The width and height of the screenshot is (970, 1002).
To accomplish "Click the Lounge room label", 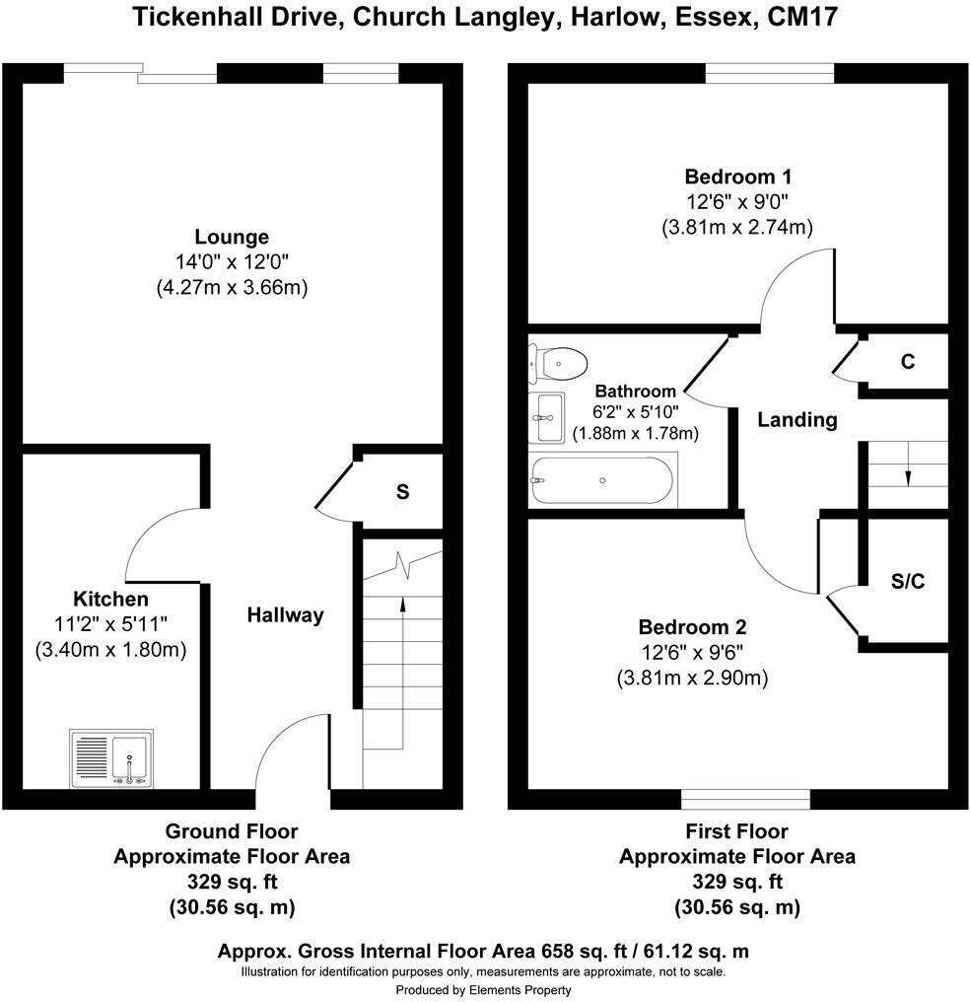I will pos(231,237).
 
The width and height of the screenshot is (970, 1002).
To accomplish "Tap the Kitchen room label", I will pos(110,599).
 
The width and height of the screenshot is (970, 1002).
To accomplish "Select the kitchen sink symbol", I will pos(110,758).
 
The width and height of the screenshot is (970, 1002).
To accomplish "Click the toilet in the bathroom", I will pos(558,363).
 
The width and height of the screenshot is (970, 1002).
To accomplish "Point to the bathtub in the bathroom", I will pos(602,480).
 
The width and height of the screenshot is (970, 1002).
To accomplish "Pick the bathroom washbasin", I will pos(546,417).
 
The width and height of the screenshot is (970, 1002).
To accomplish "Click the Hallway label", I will pos(285,615).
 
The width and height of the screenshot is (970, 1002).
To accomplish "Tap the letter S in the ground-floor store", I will pos(402,491).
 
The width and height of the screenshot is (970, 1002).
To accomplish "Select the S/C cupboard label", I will pos(907,582).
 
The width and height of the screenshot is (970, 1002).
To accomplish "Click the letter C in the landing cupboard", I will pos(907,362).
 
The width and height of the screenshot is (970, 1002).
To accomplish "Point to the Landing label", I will pos(797,420).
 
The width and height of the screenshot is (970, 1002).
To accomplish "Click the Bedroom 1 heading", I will pos(738,178).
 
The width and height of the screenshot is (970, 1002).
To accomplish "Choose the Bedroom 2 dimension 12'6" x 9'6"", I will pos(692,653).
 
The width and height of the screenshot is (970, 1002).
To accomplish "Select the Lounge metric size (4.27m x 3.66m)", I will pos(231,288).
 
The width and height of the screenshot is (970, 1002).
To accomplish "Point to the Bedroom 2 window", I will pos(746,797).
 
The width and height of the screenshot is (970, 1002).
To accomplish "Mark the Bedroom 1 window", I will pos(770,74).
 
